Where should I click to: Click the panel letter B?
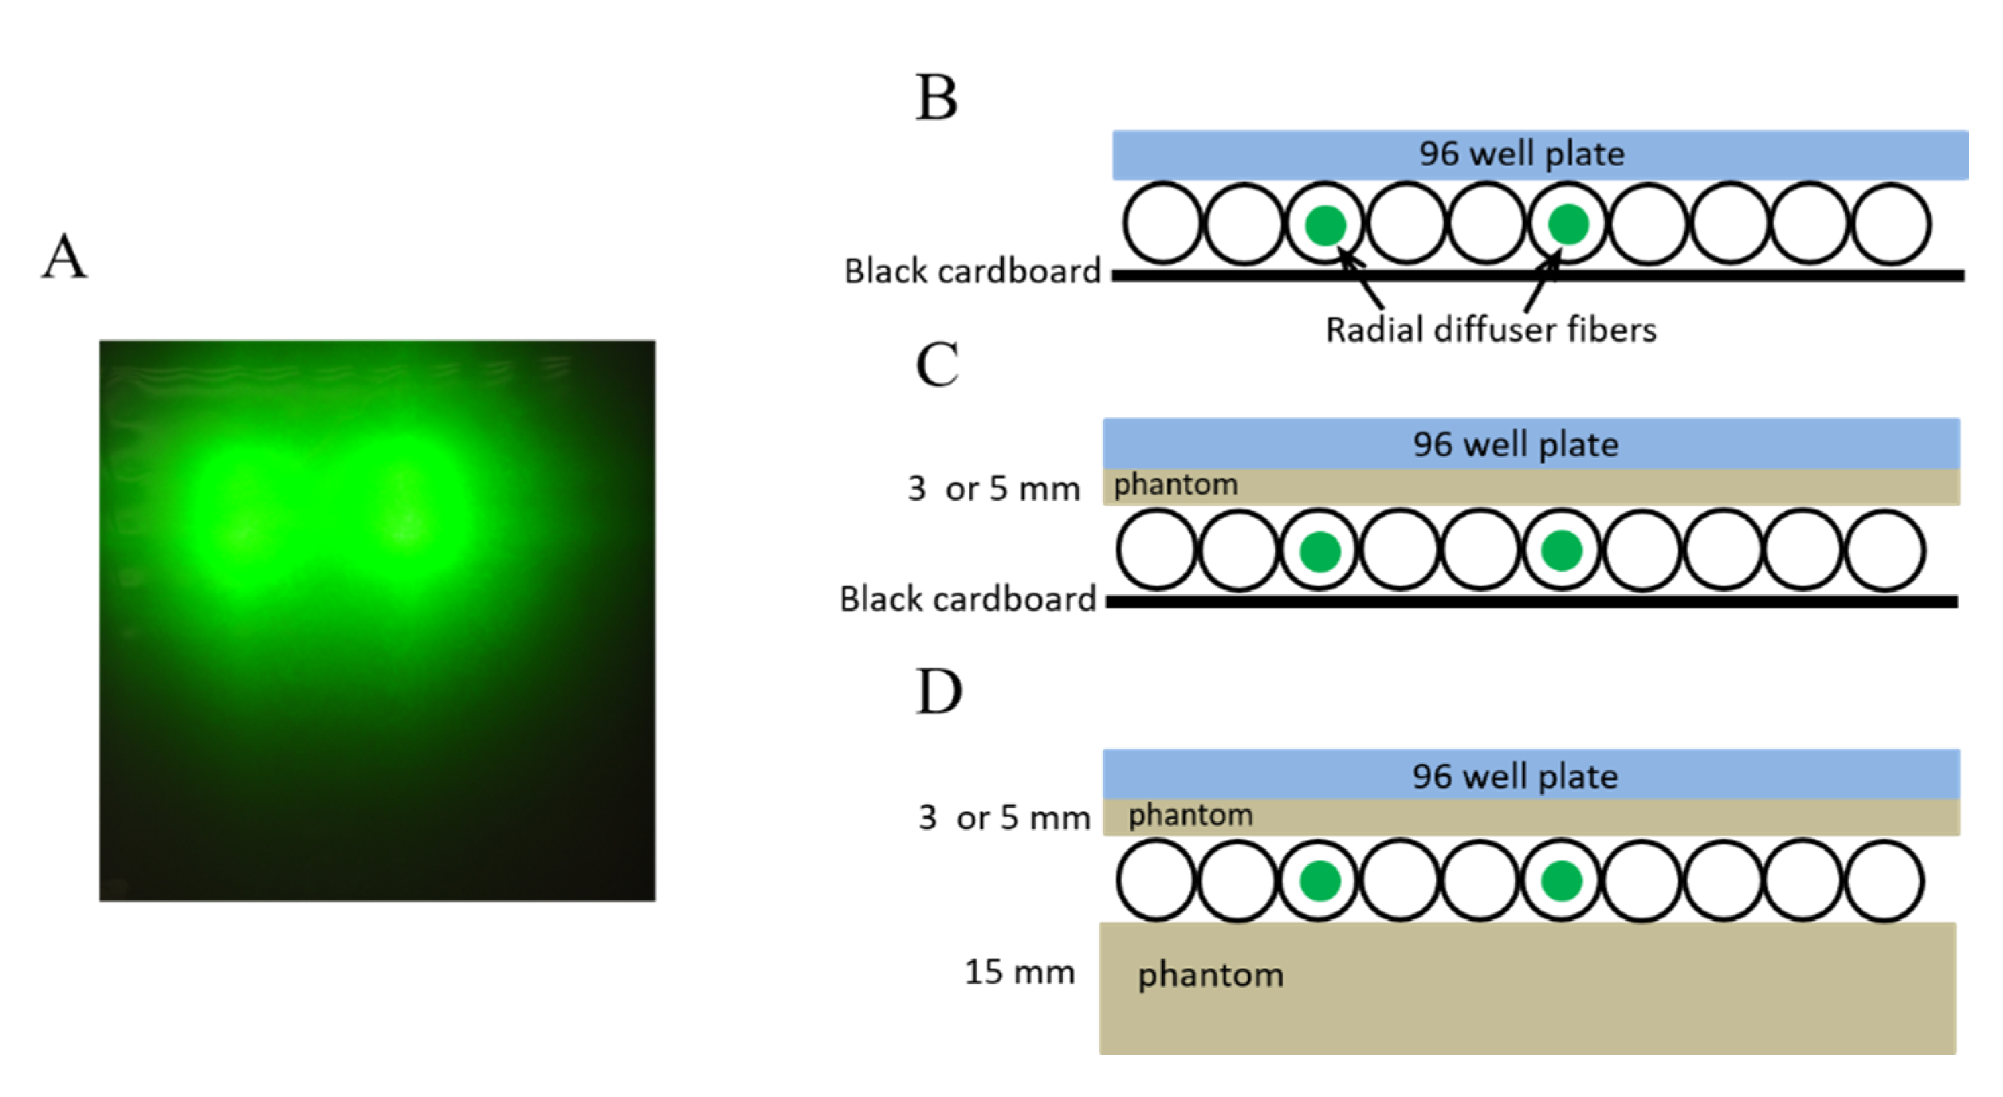(936, 98)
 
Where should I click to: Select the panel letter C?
(936, 364)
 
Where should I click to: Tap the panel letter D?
(938, 691)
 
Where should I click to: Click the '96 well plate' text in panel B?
(1521, 154)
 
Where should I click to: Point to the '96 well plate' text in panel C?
(1515, 445)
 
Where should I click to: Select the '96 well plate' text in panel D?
(1515, 776)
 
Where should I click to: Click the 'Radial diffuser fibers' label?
(1491, 329)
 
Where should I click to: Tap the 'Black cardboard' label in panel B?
(972, 271)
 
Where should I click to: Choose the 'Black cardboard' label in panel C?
(967, 599)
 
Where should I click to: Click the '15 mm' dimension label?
(1020, 972)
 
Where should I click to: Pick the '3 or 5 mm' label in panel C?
(993, 489)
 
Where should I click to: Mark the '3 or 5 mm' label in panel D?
(1004, 818)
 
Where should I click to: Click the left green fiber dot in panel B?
(1325, 225)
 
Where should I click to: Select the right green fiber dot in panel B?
(1568, 224)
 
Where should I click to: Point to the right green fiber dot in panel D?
(1562, 881)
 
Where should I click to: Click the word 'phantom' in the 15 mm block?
(1210, 975)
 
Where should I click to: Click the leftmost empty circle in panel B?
(1162, 224)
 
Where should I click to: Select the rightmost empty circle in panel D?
(1885, 881)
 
